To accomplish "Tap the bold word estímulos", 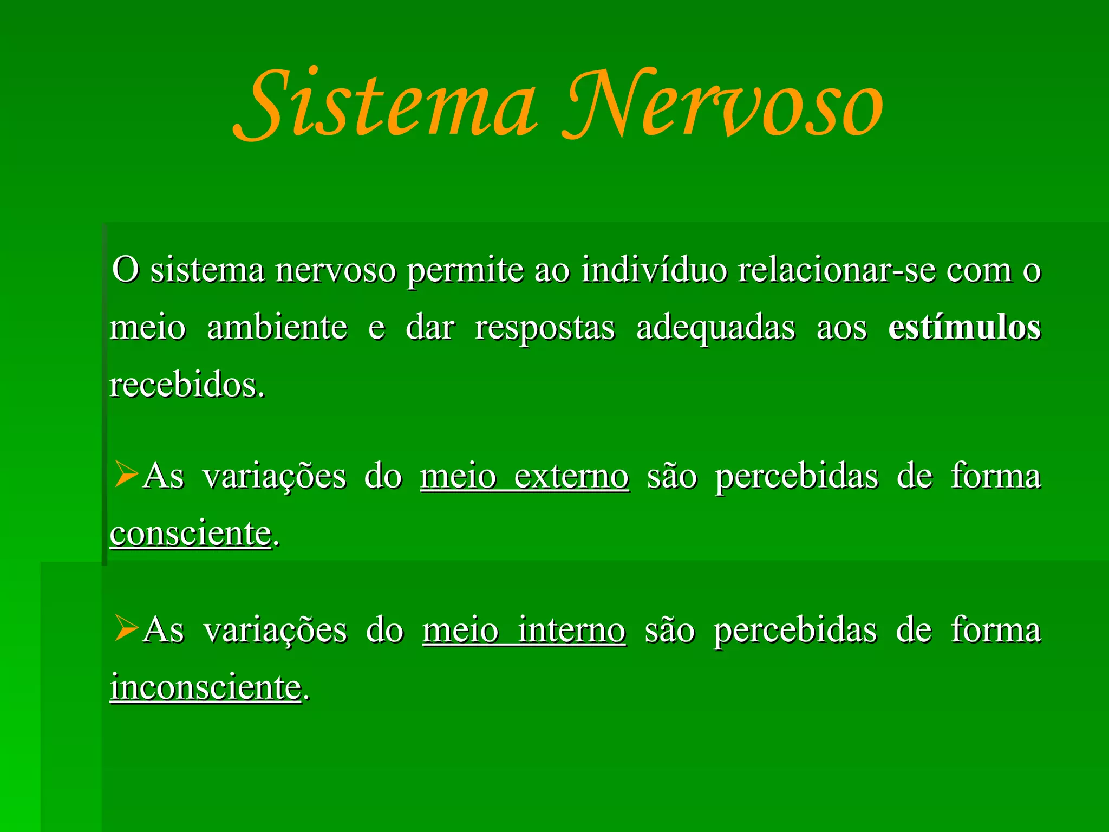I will click(x=964, y=328).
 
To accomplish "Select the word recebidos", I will click(x=187, y=386).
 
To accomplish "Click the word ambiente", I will click(x=277, y=328).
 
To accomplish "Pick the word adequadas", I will click(x=715, y=328).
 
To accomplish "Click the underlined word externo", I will click(x=571, y=477).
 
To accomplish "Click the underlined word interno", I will click(x=571, y=630).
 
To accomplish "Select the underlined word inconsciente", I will click(x=205, y=687).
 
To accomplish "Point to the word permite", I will click(x=465, y=271).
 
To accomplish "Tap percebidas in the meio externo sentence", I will click(x=796, y=477).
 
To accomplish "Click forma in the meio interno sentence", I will click(x=995, y=630).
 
